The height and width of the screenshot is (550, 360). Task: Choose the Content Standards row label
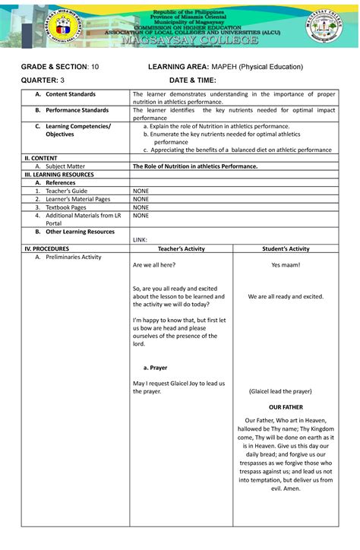71,94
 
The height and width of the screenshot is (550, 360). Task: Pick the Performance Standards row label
77,110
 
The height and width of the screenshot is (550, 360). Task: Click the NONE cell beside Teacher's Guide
141,190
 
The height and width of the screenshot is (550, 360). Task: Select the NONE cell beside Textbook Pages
141,207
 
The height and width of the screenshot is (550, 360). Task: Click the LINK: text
141,239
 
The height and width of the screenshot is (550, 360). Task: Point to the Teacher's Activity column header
187,248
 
